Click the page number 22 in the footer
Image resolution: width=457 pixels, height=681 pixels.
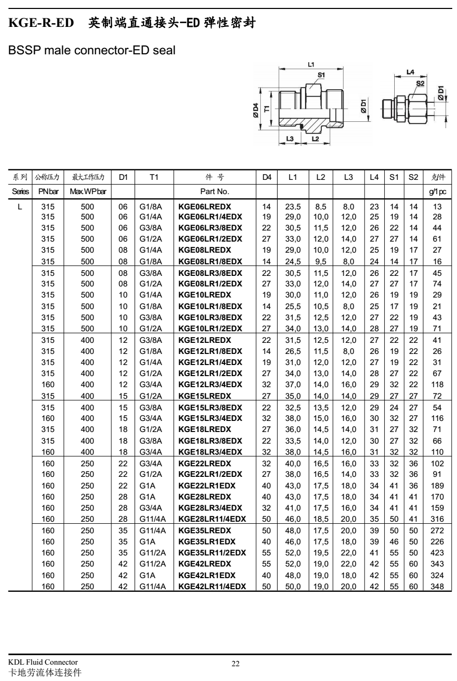point(236,664)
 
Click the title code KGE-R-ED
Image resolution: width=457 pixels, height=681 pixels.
point(41,23)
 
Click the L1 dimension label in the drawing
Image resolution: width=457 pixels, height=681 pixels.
point(311,64)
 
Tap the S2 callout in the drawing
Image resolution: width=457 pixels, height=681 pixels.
point(420,83)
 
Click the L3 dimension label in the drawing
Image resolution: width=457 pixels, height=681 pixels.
point(290,138)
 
